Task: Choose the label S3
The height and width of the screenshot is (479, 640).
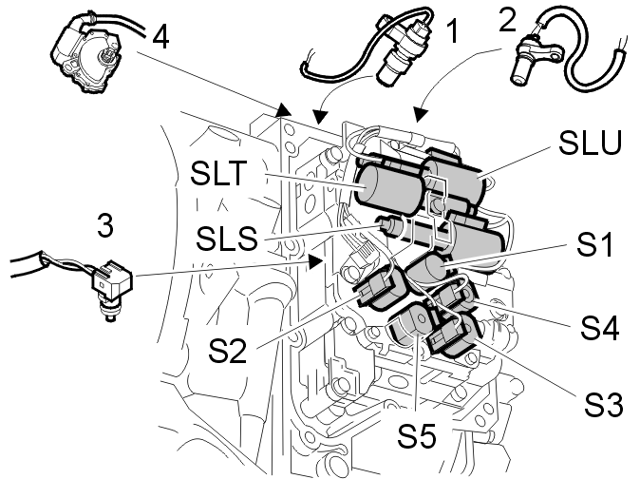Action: (602, 404)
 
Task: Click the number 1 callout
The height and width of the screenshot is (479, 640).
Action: (453, 33)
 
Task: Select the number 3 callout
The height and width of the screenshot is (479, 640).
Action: (105, 227)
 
